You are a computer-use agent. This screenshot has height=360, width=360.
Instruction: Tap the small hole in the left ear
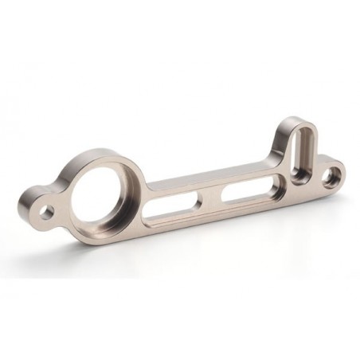47,211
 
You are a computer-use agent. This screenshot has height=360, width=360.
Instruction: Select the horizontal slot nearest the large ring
174,209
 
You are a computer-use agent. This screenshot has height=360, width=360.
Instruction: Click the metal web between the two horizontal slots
210,200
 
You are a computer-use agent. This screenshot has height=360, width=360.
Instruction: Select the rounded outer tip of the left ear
24,209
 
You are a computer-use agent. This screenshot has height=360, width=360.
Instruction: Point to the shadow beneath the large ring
104,243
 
